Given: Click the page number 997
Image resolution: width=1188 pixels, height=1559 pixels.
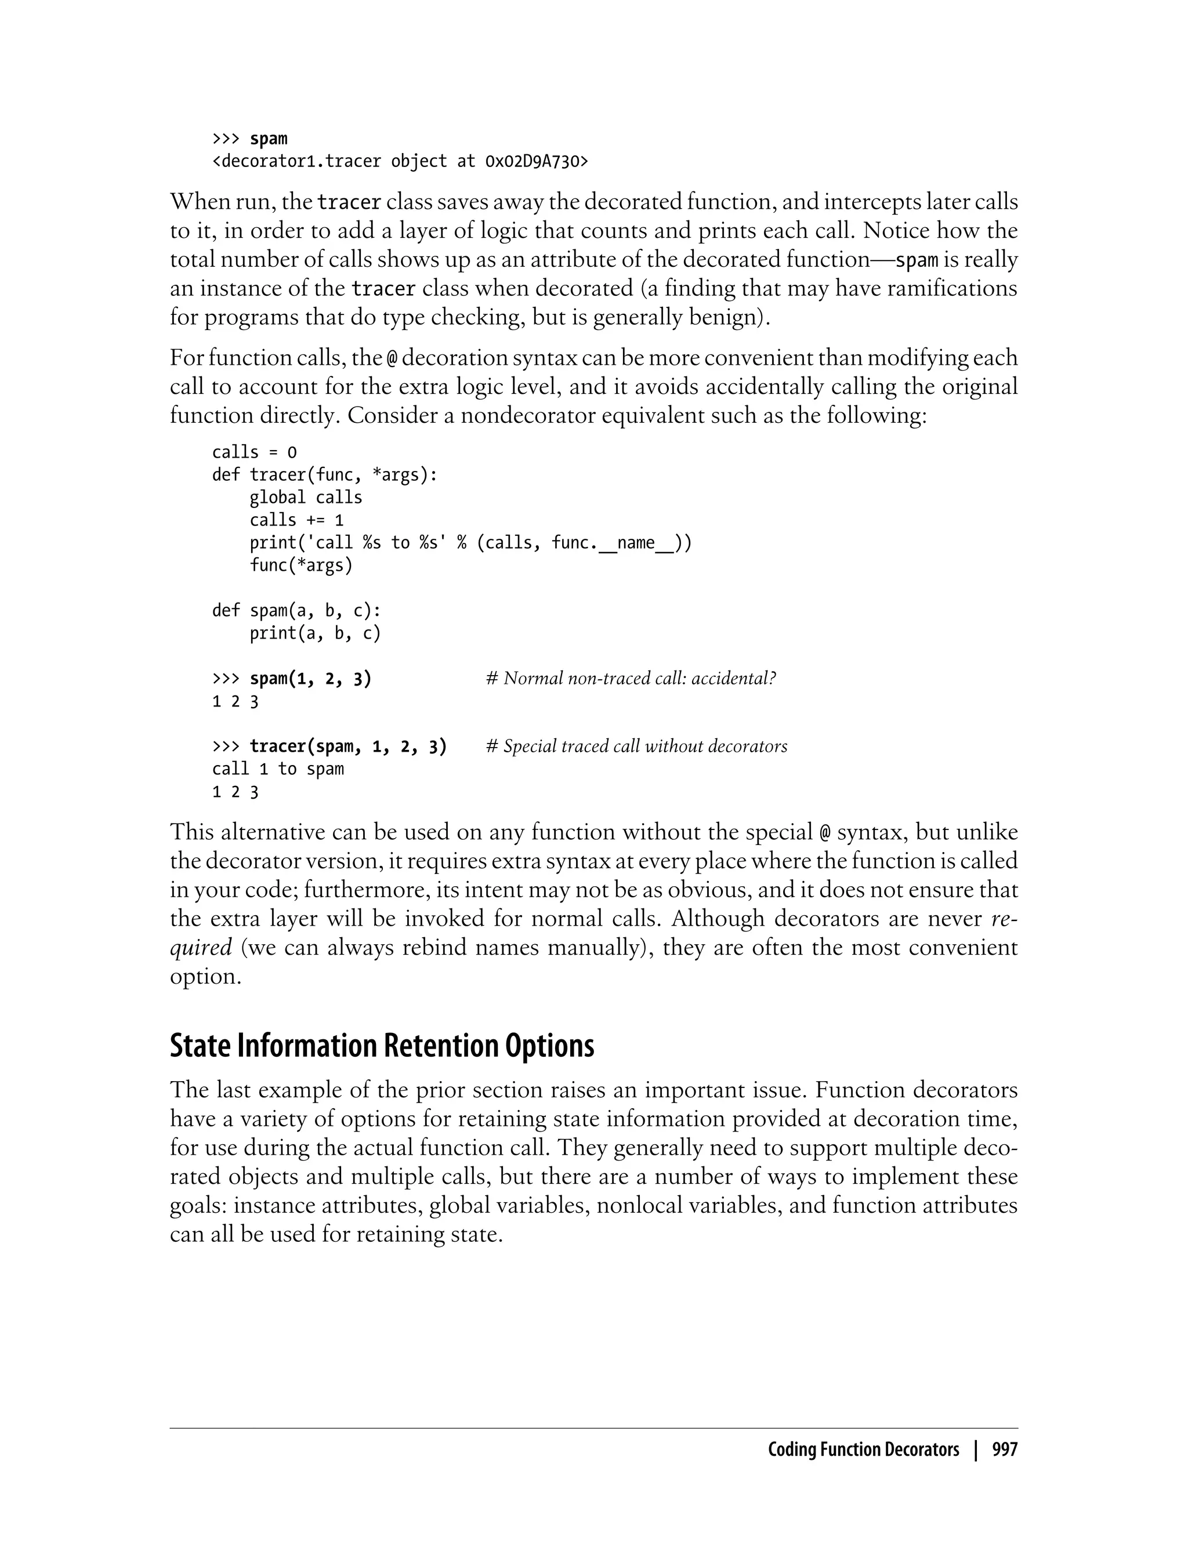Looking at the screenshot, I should (x=1004, y=1450).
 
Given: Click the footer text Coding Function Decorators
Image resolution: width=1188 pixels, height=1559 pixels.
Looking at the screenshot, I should (x=863, y=1450).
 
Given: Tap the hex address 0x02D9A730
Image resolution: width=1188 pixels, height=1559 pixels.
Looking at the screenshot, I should (x=536, y=162).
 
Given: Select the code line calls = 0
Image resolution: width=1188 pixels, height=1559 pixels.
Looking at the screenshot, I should (x=255, y=452).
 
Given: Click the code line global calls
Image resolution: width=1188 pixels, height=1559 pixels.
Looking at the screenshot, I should (x=306, y=498).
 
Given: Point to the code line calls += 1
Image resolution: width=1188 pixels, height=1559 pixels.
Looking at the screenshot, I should (x=296, y=520).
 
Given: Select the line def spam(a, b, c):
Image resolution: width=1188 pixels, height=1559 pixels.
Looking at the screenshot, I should (x=296, y=611).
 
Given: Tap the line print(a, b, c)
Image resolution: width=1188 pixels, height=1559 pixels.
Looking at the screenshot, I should (x=314, y=633).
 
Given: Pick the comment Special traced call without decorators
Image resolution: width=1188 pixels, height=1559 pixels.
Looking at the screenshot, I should (x=636, y=746).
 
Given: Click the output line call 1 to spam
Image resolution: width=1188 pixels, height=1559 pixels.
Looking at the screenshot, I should (x=278, y=769).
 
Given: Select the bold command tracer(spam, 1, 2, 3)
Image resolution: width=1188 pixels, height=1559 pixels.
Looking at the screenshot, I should (x=348, y=746).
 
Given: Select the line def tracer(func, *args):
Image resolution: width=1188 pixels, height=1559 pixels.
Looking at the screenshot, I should (x=325, y=475).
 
